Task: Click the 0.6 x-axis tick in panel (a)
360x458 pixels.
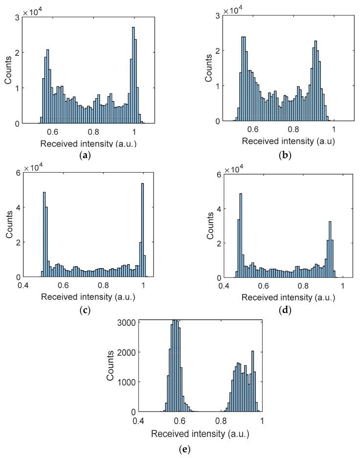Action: (x=52, y=132)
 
